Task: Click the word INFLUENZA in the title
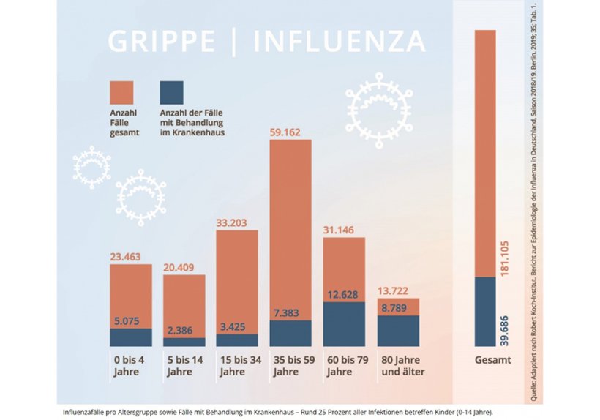point(339,42)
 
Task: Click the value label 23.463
point(130,258)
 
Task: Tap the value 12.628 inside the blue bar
point(343,294)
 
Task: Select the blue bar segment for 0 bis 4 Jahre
point(131,337)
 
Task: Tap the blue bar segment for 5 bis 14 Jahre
point(184,342)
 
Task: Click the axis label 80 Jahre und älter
point(402,365)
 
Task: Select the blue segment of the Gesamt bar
point(485,311)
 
